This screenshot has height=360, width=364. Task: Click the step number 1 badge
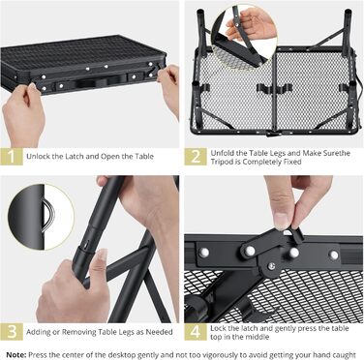pyautogui.click(x=12, y=157)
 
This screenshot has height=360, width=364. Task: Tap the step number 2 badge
pyautogui.click(x=196, y=157)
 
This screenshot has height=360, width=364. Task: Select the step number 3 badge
pyautogui.click(x=12, y=332)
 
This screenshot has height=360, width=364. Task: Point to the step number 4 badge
pyautogui.click(x=196, y=332)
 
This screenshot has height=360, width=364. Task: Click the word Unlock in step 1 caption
pyautogui.click(x=38, y=157)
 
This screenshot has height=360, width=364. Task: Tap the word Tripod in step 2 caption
pyautogui.click(x=222, y=162)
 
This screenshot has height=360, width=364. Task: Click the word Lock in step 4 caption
pyautogui.click(x=218, y=328)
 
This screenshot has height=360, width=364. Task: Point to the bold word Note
pyautogui.click(x=16, y=355)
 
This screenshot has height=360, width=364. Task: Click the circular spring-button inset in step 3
pyautogui.click(x=42, y=217)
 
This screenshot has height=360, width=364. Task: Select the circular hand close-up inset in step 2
pyautogui.click(x=244, y=37)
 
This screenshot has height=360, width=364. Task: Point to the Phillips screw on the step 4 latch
pyautogui.click(x=272, y=265)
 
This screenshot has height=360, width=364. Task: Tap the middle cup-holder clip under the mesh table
pyautogui.click(x=274, y=88)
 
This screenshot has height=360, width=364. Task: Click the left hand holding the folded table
pyautogui.click(x=23, y=113)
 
